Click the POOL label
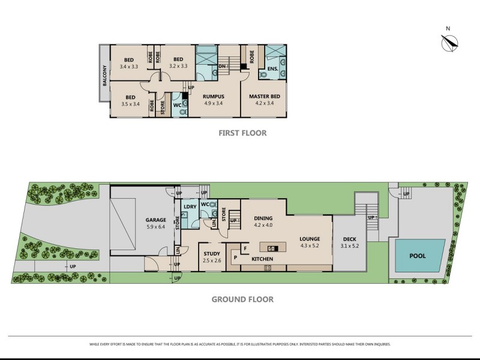point(418,256)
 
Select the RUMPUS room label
point(213,96)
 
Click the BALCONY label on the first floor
point(104,75)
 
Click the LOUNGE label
point(310,239)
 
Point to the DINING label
point(263,218)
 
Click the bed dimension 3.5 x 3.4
point(130,104)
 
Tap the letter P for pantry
point(235,257)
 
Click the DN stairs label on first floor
point(222,66)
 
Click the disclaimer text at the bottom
point(239,344)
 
